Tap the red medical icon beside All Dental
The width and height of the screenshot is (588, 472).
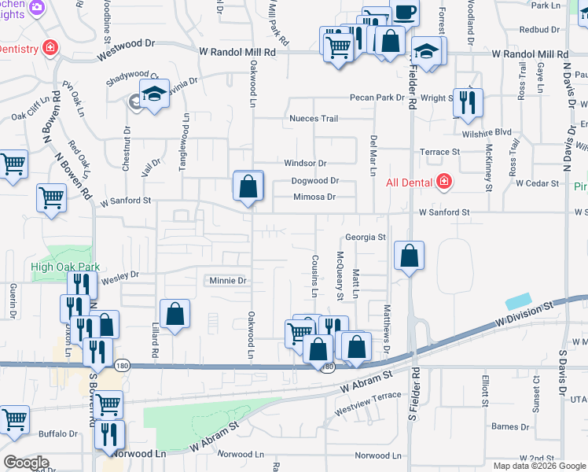point(444,182)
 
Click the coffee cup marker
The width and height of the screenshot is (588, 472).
point(406,13)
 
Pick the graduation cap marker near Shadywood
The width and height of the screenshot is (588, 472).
point(155,94)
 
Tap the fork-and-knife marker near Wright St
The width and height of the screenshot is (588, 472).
point(468,102)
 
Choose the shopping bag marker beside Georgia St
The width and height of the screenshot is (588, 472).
point(409,256)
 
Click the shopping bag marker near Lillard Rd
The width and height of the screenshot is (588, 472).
point(175,314)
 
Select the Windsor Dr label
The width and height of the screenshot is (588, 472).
point(305,164)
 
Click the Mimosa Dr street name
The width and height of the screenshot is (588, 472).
point(314,197)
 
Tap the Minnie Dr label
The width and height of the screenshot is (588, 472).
point(228,281)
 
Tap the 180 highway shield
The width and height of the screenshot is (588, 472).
point(329,367)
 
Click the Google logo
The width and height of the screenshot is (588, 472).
point(26,463)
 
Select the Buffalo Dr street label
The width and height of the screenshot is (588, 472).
point(58,433)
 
